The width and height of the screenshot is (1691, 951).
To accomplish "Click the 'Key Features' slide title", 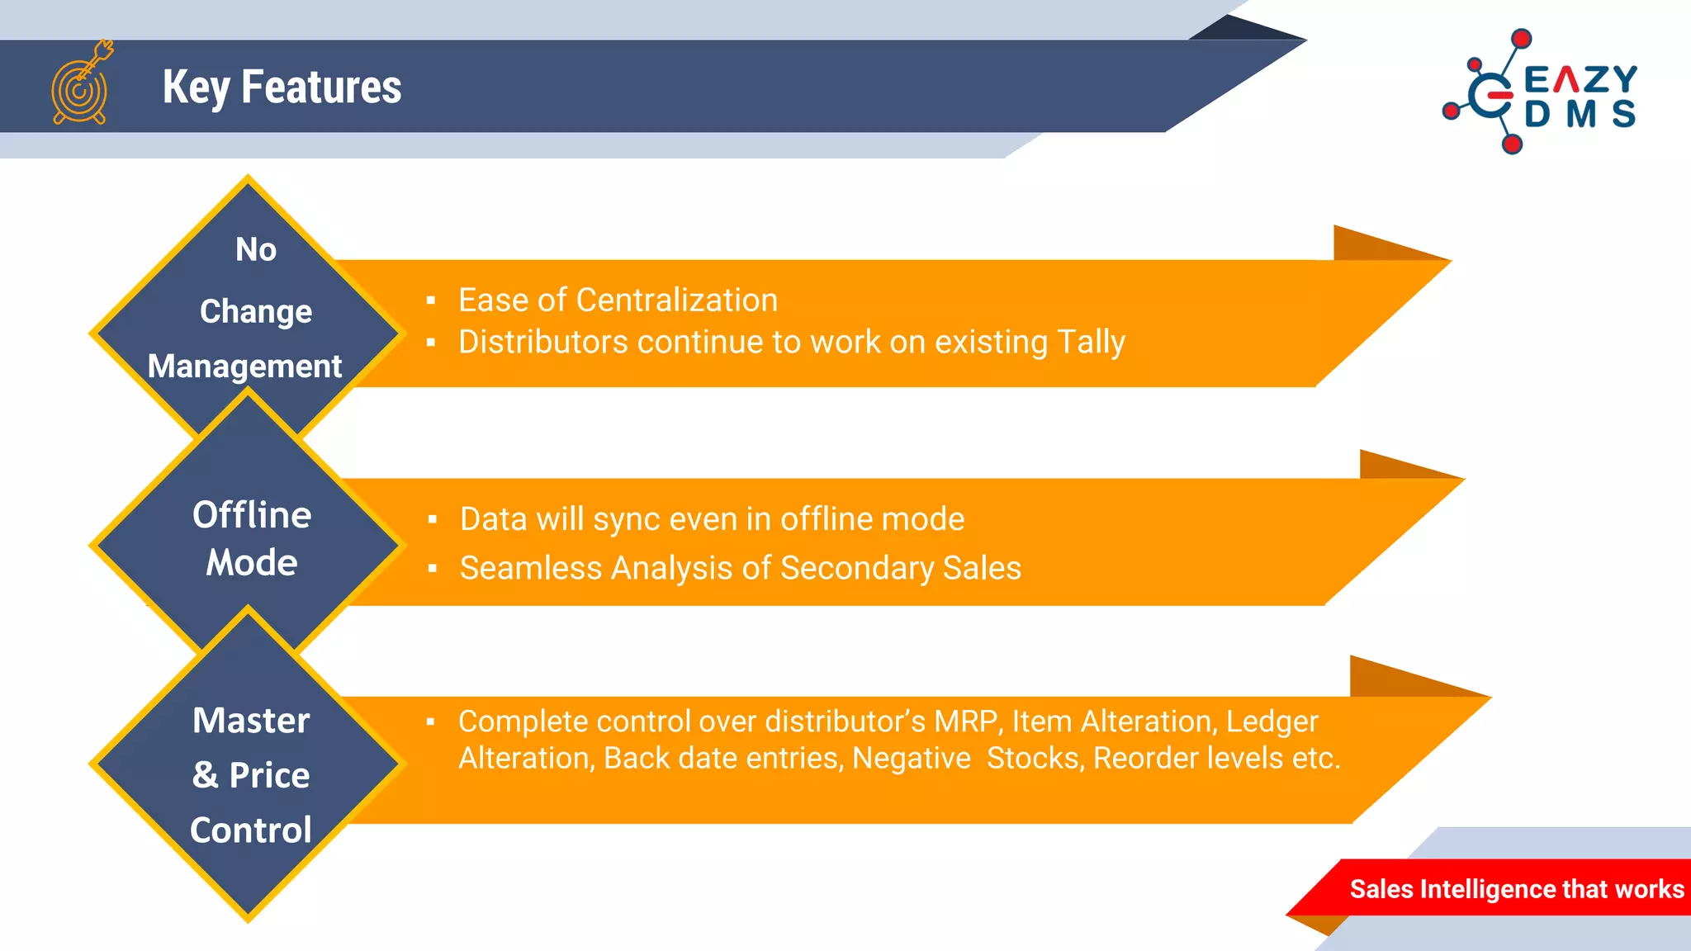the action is pos(282,88).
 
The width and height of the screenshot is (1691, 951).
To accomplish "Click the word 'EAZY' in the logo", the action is pos(1580,80).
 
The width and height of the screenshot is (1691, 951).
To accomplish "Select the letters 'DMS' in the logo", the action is pos(1580,115).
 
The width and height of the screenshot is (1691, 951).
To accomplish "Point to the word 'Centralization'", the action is pos(677,300).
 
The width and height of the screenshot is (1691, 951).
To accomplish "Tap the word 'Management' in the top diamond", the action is pos(244,366).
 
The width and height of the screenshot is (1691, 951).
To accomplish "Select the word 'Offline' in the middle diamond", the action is pos(252,514).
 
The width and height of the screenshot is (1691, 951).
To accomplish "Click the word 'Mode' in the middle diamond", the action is pos(252,562).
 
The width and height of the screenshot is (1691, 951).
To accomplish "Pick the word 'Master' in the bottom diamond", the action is pos(251,720).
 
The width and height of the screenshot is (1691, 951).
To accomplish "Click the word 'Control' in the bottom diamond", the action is pos(251,830).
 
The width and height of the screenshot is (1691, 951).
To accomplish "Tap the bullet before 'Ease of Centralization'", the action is pos(431,300).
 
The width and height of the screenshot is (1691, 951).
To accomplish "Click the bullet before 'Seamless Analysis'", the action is pos(432,568).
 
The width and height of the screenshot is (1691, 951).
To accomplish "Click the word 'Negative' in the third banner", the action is pos(912,759).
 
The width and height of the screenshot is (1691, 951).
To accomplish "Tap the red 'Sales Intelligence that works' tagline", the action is pos(1517,888).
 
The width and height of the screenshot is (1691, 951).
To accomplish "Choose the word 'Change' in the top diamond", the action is pos(256,312).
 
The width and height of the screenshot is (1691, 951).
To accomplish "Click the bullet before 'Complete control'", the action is pos(430,722).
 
